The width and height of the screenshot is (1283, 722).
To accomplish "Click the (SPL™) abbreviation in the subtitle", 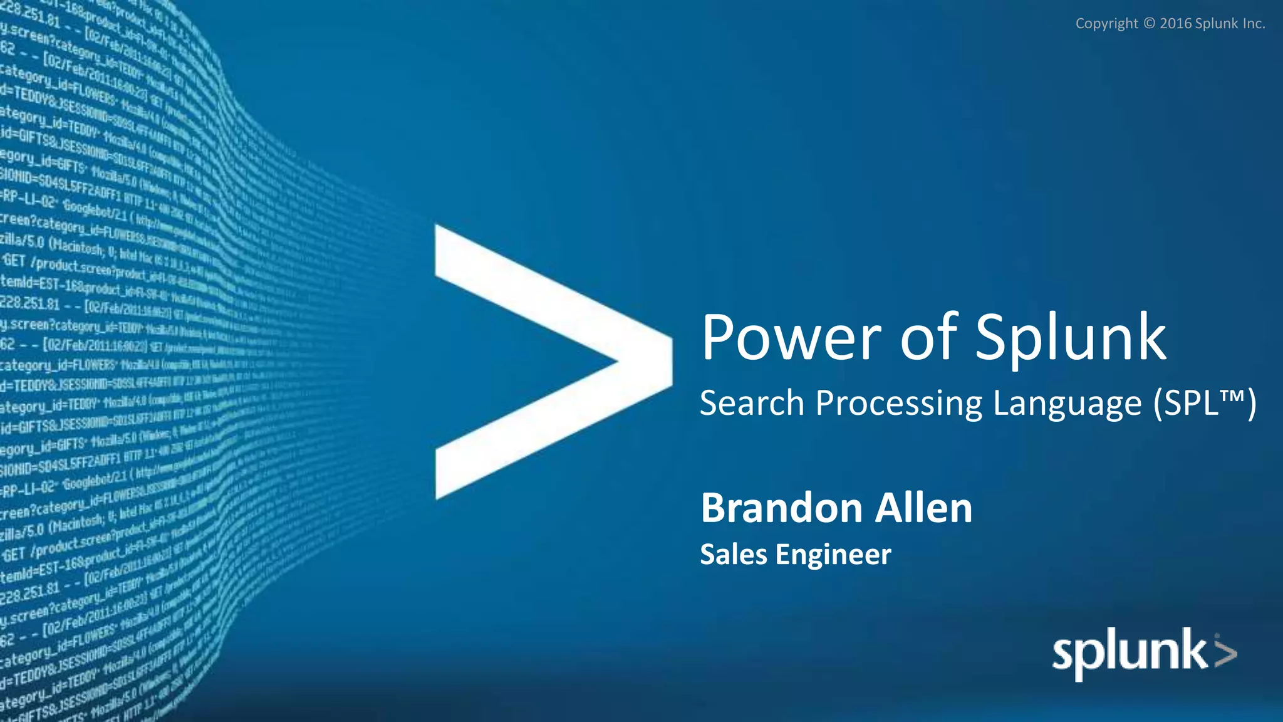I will [1205, 404].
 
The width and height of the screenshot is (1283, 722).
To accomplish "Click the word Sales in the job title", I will [733, 555].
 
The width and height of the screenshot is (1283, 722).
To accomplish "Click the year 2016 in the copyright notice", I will [1175, 24].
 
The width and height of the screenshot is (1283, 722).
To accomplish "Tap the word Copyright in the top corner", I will [1106, 24].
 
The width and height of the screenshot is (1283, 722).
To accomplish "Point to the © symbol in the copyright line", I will [1149, 24].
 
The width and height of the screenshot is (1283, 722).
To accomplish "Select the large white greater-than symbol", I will [551, 362].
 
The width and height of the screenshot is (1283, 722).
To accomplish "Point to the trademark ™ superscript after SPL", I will [1232, 396].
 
